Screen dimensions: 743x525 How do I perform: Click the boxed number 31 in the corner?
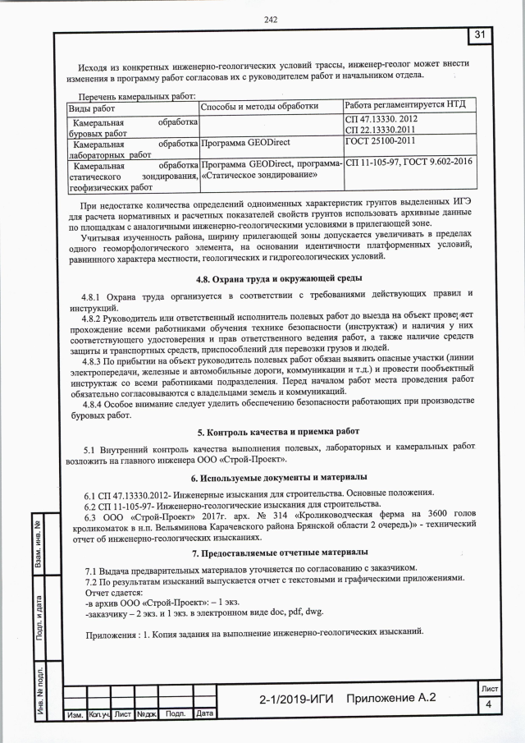coord(482,34)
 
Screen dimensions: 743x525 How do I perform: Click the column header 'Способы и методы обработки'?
coord(259,108)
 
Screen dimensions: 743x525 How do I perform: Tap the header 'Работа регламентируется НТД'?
coord(405,107)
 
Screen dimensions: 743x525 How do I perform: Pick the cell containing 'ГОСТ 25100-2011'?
coord(381,143)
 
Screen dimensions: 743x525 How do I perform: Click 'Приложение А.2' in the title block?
coord(391,697)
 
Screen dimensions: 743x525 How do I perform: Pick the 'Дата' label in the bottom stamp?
coord(204,713)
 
